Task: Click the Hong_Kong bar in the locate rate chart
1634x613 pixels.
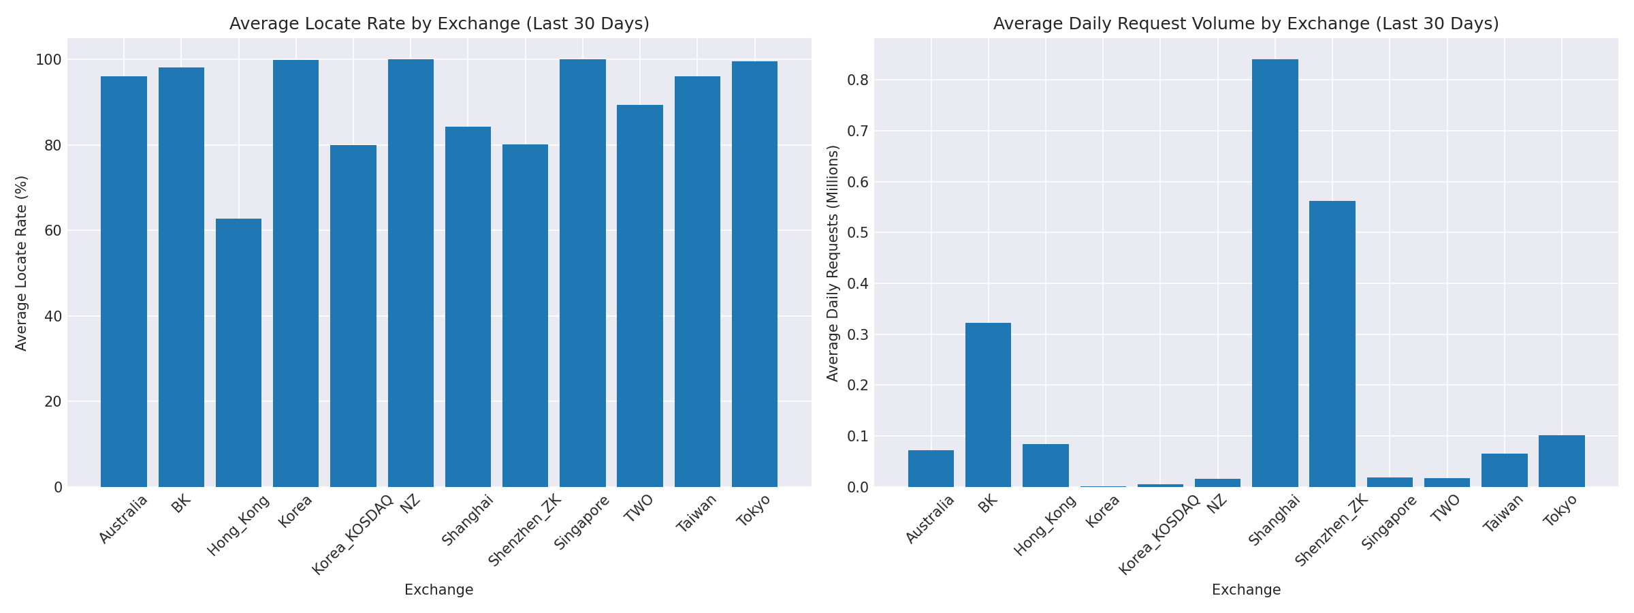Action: coord(238,353)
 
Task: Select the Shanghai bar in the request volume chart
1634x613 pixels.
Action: coord(1275,272)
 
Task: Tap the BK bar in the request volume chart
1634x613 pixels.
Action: coord(988,405)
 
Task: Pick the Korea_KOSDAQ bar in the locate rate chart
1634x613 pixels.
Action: coord(353,316)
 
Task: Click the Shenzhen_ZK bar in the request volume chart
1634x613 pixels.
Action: coord(1332,344)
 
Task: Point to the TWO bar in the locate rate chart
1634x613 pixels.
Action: coord(639,296)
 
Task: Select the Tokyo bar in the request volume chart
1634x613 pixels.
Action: coord(1561,461)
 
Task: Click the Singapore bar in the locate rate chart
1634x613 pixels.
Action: coord(582,272)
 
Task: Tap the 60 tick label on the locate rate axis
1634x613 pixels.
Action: coord(53,231)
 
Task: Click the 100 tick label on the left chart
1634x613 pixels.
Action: coord(49,60)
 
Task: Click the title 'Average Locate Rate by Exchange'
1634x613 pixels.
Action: coord(439,24)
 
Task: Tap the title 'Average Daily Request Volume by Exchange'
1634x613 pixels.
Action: coord(1246,24)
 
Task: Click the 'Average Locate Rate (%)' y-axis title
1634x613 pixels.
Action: coord(21,263)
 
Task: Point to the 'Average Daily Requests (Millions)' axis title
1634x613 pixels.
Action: coord(833,263)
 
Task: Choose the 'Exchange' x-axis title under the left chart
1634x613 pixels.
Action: coord(438,590)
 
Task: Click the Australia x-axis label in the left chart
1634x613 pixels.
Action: coord(124,519)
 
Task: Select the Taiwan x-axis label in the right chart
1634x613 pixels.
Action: coord(1505,512)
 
